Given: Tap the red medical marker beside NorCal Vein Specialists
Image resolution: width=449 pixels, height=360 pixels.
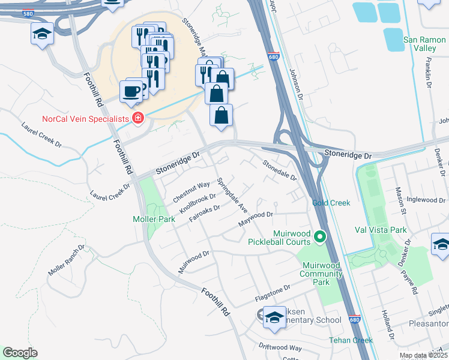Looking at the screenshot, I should tap(139, 118).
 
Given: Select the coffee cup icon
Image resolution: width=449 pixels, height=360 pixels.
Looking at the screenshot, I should tap(131, 92).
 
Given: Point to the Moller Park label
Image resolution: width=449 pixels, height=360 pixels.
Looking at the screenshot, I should tap(154, 219).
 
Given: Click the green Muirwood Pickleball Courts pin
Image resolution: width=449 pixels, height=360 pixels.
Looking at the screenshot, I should tap(320, 238).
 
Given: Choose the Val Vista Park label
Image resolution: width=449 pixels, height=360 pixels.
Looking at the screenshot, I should tap(381, 229).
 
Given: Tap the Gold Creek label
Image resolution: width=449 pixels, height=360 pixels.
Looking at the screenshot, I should tap(331, 203).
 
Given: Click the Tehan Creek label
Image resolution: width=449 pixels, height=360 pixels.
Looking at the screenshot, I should tap(351, 340).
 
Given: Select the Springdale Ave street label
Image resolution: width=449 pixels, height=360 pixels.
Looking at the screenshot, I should tap(232, 196).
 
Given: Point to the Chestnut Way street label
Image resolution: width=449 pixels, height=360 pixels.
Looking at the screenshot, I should tap(191, 191).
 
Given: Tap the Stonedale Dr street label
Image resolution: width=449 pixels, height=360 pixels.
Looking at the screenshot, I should tap(279, 170).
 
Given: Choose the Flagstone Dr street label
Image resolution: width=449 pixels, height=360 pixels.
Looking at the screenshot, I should tap(273, 295).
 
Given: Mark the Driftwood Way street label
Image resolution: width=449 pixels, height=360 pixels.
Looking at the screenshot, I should tap(280, 347).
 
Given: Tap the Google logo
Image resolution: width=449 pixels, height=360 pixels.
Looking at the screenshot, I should tap(20, 353).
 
